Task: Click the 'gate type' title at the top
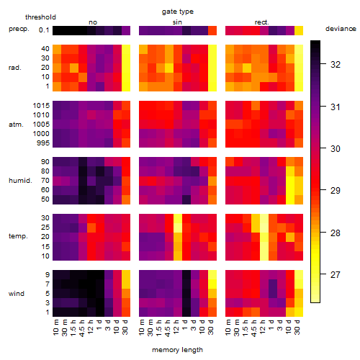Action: pos(178,12)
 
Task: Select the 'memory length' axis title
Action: pos(177,350)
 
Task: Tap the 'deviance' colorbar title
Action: pos(341,29)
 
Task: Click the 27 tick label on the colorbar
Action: pos(336,274)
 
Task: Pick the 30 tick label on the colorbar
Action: pos(336,148)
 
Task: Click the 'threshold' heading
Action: pos(40,17)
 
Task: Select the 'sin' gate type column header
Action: pos(177,22)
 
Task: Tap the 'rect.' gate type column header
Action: pos(261,22)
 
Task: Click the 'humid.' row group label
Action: pos(20,180)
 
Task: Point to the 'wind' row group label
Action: pos(17,293)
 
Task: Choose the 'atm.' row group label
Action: pos(16,124)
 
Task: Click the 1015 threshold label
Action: pos(41,105)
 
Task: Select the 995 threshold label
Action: pos(43,143)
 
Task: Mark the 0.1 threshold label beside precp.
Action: pos(44,30)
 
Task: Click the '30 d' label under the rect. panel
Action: pos(297,327)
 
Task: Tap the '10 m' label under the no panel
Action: pos(55,327)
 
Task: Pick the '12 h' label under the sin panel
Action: pos(176,327)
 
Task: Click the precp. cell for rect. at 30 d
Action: pos(299,31)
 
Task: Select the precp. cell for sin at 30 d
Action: pos(212,31)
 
